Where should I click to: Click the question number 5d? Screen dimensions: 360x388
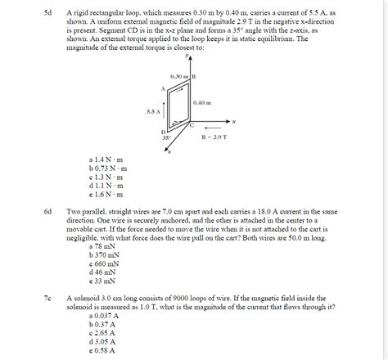point(48,15)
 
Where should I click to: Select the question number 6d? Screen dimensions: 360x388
point(48,211)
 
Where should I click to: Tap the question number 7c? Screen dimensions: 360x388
point(48,299)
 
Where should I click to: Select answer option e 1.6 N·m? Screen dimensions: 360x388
point(106,195)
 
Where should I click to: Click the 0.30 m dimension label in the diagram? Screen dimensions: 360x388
point(180,77)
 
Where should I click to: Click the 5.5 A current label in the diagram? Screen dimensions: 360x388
point(152,112)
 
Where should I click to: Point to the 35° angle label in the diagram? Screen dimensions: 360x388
point(165,138)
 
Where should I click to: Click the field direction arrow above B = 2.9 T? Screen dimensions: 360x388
point(212,127)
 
